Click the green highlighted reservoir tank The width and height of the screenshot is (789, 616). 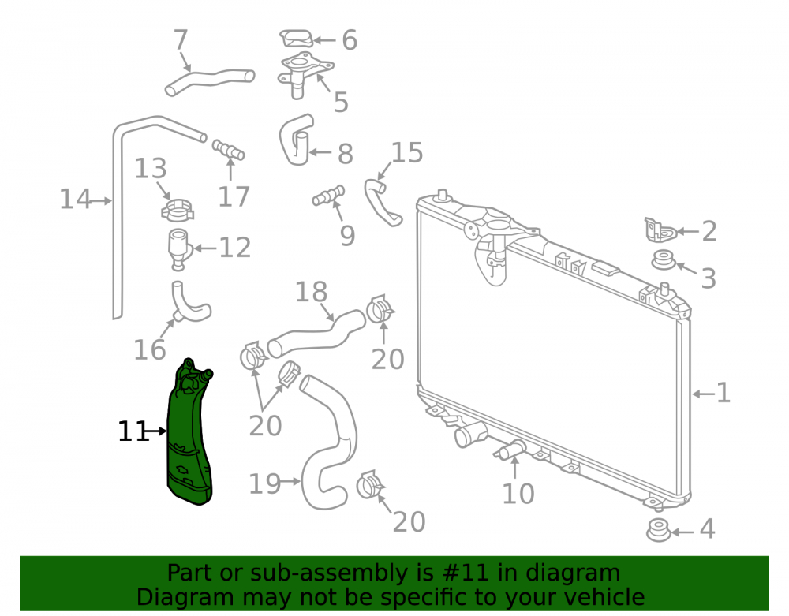pos(189,438)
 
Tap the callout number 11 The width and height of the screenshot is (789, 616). pos(133,431)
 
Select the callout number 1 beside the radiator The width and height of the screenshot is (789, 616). pos(723,392)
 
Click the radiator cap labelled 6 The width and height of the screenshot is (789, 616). pos(297,38)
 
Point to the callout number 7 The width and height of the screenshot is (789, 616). pos(180,39)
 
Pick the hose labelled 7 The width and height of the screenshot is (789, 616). pos(210,81)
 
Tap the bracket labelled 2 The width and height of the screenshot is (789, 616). pos(659,230)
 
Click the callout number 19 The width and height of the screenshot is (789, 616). pos(264,483)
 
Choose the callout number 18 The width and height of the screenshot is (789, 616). pos(311,292)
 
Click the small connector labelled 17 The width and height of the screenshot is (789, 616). pos(229,149)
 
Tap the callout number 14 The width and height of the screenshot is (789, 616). pos(76,199)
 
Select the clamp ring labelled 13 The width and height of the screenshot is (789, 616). pos(178,209)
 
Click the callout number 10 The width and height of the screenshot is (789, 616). pos(518,494)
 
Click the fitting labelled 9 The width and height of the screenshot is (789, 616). pos(328,196)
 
